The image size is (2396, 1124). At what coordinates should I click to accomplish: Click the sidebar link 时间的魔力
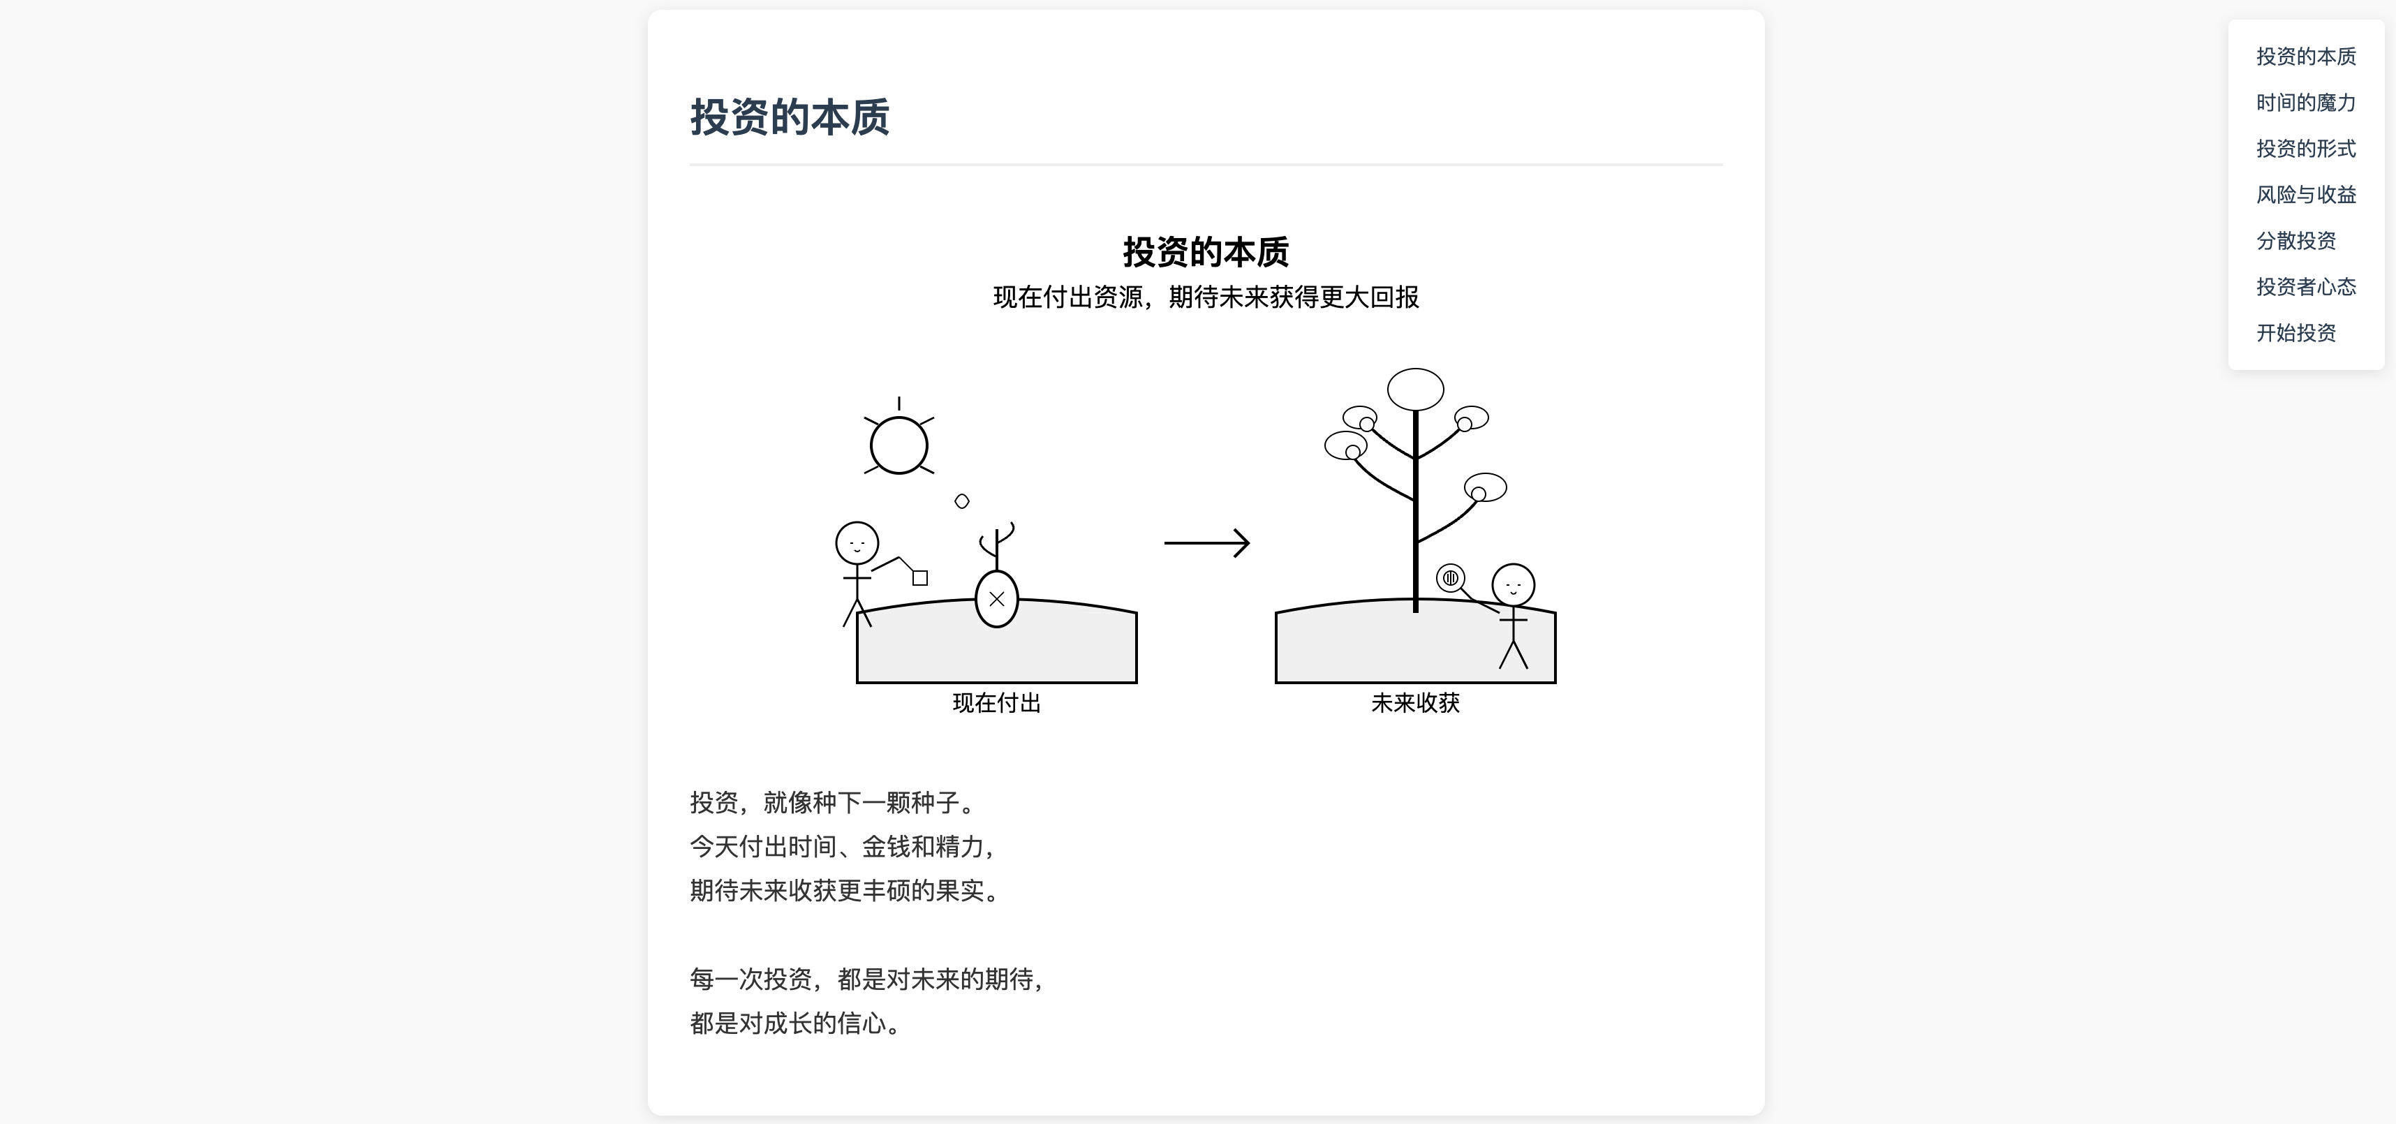tap(2306, 103)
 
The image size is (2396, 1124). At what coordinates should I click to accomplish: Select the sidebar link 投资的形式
tap(2306, 148)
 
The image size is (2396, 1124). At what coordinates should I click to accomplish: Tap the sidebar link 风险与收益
tap(2306, 195)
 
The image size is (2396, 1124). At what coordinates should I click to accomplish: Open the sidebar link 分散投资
tap(2295, 240)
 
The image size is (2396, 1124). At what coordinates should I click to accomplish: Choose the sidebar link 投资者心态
tap(2306, 286)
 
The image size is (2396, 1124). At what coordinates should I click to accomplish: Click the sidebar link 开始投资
tap(2295, 332)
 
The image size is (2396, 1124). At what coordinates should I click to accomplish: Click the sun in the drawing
tap(898, 445)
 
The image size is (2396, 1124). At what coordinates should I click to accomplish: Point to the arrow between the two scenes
tap(1206, 542)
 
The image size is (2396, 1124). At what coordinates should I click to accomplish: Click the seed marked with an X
tap(996, 599)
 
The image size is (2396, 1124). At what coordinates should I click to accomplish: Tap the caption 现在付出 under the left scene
tap(996, 702)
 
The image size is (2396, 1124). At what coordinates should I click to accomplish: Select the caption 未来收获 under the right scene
tap(1414, 702)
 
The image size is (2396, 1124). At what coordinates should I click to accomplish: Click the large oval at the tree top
tap(1414, 389)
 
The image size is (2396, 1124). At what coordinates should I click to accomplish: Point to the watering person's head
tap(857, 542)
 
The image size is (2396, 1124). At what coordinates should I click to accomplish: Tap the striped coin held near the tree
tap(1450, 578)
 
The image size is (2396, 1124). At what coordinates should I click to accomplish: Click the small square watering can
tap(920, 578)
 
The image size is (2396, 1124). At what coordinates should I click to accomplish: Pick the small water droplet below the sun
tap(962, 501)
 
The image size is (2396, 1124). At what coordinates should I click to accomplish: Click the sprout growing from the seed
tap(996, 545)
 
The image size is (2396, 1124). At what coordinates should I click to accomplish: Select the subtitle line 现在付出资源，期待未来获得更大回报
tap(1206, 297)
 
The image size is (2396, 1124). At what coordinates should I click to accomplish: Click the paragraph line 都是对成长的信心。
tap(795, 1023)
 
